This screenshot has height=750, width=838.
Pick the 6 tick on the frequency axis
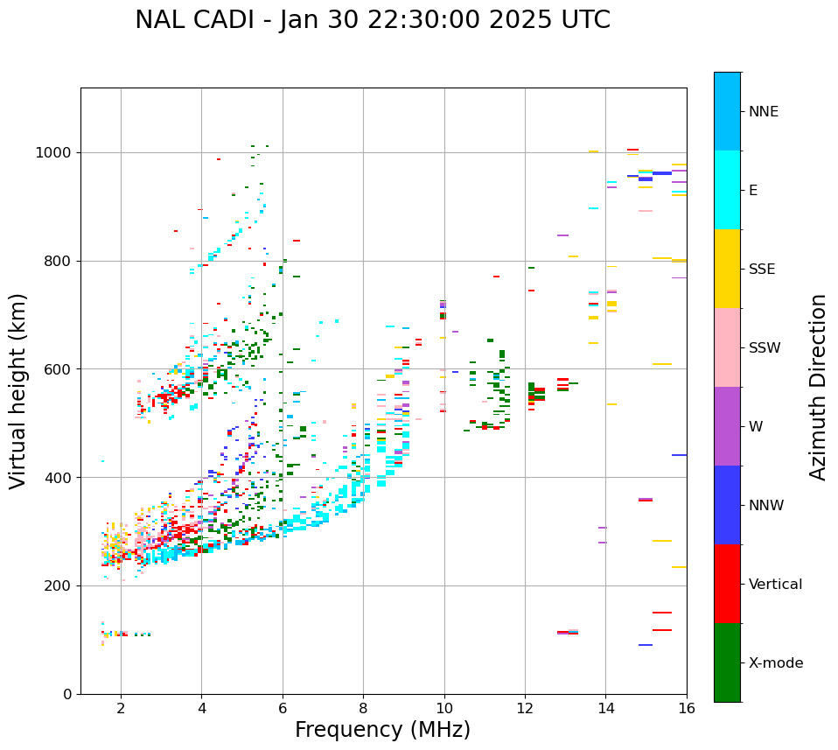coord(283,707)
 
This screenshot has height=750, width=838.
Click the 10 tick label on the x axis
coord(444,707)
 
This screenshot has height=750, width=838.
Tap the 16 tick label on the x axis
coord(687,707)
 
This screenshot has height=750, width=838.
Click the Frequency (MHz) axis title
coord(382,730)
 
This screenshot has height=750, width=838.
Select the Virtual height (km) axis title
coord(18,391)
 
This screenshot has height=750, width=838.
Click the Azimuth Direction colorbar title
coord(818,387)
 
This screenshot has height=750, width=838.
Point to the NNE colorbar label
coord(764,112)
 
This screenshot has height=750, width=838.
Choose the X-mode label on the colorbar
coord(776,663)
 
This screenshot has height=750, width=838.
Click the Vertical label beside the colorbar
coord(775,585)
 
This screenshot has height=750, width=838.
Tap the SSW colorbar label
coord(765,348)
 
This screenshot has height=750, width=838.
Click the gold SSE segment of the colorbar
coord(727,269)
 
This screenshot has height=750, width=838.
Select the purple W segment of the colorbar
coord(727,426)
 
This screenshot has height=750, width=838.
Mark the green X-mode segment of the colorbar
coord(727,662)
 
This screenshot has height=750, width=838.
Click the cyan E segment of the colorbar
coord(727,190)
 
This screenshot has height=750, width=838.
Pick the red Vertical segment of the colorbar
coord(727,584)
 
